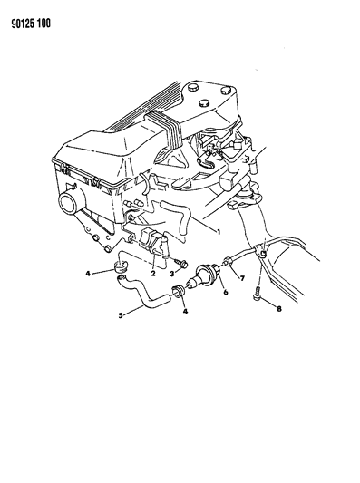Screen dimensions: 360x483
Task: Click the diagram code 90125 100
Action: (31, 24)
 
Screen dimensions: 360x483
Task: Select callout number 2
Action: (153, 273)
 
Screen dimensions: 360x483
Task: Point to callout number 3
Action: (172, 274)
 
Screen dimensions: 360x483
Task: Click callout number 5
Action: (121, 315)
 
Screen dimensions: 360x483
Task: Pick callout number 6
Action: (226, 292)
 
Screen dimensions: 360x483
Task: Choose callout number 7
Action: (242, 278)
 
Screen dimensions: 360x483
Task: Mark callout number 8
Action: (279, 308)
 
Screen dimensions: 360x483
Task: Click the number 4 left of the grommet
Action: (88, 274)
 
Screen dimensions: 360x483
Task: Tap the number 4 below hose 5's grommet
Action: (185, 312)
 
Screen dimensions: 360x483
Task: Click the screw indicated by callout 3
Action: (181, 263)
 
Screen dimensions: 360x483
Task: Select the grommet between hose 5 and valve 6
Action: (178, 292)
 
